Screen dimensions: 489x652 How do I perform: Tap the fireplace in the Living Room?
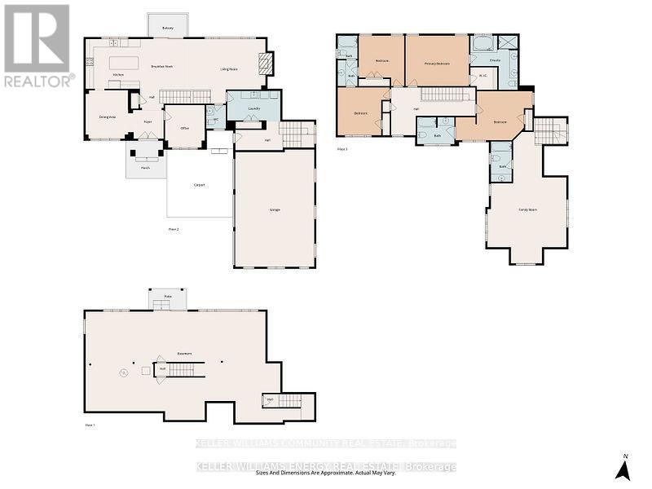262,64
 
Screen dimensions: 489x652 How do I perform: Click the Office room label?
185,128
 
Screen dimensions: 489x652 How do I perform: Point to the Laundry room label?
253,108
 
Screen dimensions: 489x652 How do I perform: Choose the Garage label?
275,209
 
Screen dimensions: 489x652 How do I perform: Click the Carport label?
199,185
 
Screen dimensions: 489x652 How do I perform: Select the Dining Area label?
107,117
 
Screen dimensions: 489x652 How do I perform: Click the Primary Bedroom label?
437,63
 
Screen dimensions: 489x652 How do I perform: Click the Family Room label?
527,209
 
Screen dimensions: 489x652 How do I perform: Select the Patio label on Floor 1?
167,296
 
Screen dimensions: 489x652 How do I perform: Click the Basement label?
184,354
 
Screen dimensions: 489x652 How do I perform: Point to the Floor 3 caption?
342,149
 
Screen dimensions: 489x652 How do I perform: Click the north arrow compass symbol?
623,468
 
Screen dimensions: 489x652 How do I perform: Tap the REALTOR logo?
37,46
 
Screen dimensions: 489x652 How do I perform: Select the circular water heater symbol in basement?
124,372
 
